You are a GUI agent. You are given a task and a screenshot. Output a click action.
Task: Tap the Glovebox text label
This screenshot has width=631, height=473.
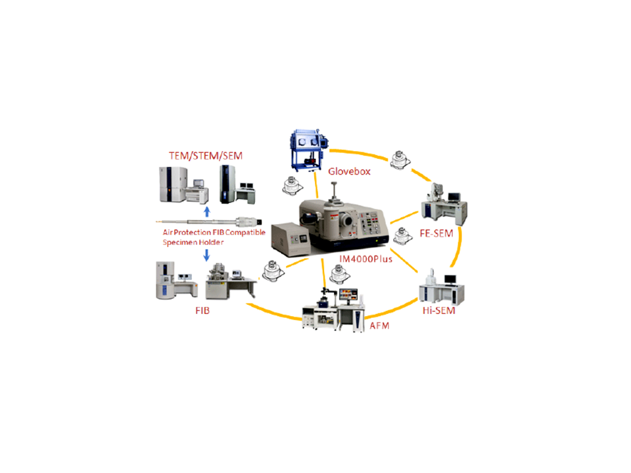[349, 172]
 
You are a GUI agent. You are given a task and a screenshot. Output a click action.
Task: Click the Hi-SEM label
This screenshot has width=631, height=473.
[439, 311]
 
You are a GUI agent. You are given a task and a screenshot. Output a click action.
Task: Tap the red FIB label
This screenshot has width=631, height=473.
[202, 309]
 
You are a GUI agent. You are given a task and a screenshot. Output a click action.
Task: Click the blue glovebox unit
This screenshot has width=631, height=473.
[307, 150]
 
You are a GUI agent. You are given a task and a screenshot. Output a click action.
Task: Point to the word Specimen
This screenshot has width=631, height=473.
[181, 242]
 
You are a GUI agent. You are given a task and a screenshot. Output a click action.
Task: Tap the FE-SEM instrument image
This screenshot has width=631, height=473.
[444, 204]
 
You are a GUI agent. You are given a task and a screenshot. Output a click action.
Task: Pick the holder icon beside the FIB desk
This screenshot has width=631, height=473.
[270, 272]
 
